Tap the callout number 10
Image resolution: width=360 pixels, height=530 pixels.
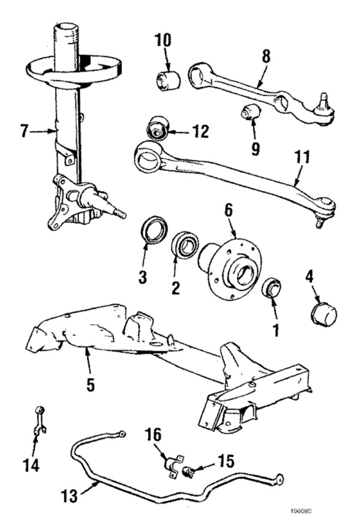(x=164, y=41)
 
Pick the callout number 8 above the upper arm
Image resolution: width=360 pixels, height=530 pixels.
(x=266, y=56)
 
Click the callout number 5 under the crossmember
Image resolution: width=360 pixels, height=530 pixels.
(x=90, y=385)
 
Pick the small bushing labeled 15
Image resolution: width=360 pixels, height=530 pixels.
(x=188, y=472)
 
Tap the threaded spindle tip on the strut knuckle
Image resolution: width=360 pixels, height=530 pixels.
(x=120, y=212)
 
